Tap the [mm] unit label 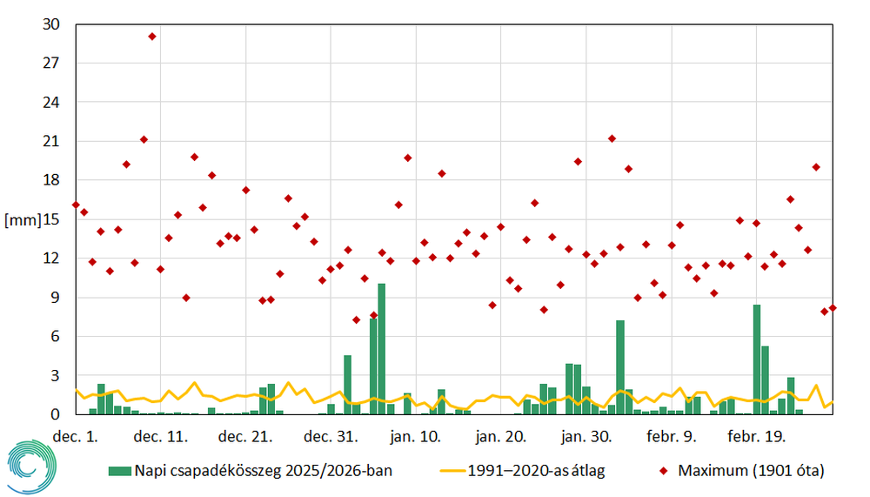click(x=23, y=219)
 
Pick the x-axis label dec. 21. click(x=245, y=436)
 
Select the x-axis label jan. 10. click(x=417, y=436)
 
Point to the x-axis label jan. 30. click(x=587, y=436)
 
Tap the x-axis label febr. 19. click(x=755, y=436)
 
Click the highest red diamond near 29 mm click(x=152, y=37)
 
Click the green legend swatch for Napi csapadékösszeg click(x=119, y=471)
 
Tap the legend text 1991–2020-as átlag click(x=536, y=471)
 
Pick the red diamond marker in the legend click(x=664, y=471)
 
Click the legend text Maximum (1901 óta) click(x=749, y=471)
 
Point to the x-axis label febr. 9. click(x=672, y=436)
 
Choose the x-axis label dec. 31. click(x=331, y=436)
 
